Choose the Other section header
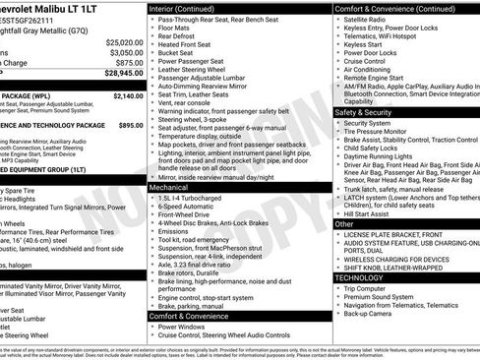coord(344,224)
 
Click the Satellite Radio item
coord(370,20)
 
